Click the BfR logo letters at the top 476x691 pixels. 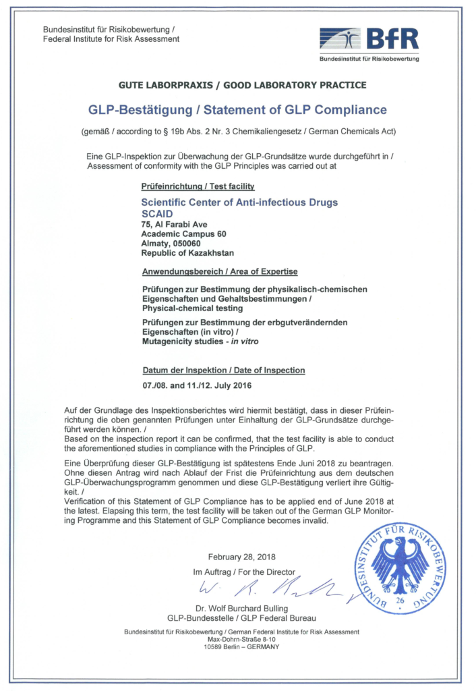[x=392, y=38]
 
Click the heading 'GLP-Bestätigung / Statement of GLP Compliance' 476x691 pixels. [x=237, y=109]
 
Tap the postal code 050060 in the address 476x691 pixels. [x=190, y=244]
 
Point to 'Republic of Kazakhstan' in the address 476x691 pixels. [x=187, y=254]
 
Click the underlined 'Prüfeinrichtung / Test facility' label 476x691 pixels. [x=198, y=186]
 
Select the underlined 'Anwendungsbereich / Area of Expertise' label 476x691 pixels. [x=219, y=272]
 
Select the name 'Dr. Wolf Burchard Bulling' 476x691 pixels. [x=241, y=607]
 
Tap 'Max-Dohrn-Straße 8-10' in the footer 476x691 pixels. [x=241, y=639]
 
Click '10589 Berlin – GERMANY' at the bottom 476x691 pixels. [x=241, y=646]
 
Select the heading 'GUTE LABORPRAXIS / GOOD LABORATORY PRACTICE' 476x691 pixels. [x=242, y=85]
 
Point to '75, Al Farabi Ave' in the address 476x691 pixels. [x=174, y=224]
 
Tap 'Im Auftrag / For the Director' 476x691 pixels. [x=244, y=572]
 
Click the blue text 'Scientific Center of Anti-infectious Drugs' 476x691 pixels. [x=239, y=202]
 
